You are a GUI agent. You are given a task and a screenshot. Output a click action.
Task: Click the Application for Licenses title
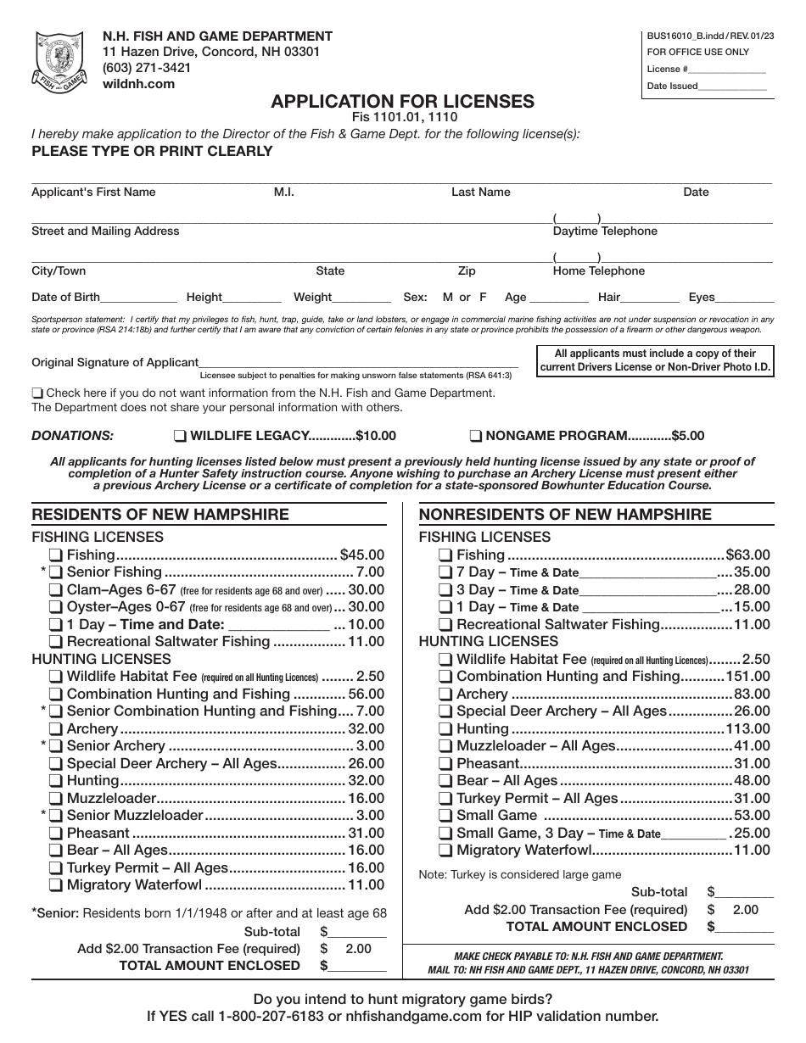tap(402, 102)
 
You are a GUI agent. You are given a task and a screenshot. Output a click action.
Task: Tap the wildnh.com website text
tap(138, 83)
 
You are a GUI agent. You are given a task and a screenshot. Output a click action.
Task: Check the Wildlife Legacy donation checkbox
tap(180, 436)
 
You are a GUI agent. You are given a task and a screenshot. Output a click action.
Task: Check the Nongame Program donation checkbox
tap(476, 436)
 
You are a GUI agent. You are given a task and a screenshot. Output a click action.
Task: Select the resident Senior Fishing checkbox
tap(55, 572)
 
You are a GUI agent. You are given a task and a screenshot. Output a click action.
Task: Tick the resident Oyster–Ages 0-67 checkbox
tap(55, 607)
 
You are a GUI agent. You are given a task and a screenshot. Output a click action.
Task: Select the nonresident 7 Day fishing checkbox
tap(445, 572)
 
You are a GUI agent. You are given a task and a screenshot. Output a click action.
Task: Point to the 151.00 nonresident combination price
tap(748, 677)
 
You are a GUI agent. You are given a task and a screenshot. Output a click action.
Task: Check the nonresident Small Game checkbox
tap(445, 816)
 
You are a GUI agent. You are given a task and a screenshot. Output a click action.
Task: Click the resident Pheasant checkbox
tap(55, 834)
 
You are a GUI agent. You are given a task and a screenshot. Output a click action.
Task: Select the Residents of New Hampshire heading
tap(160, 515)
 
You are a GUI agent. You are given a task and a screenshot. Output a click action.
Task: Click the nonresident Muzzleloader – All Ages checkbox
tap(445, 746)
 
